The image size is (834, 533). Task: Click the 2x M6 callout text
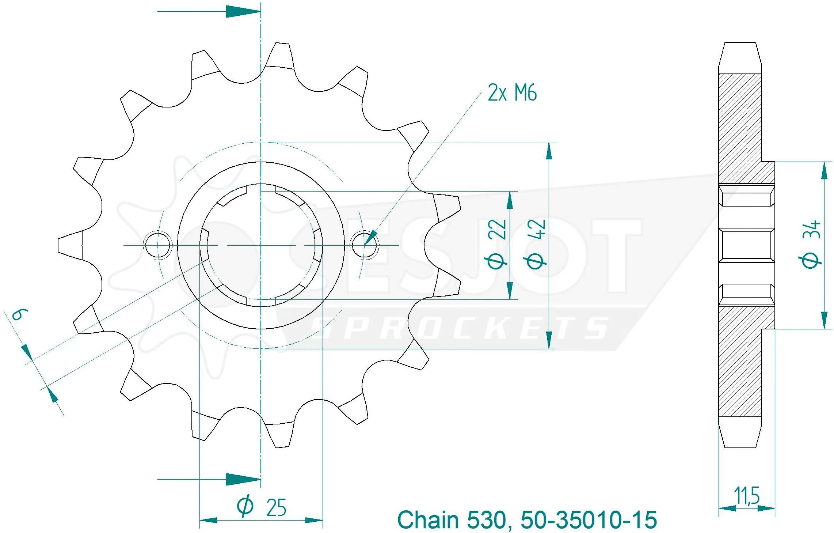tap(512, 93)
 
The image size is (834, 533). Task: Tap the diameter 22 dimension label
tap(497, 244)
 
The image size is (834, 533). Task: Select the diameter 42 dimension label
tap(536, 244)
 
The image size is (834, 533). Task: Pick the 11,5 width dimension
tap(747, 495)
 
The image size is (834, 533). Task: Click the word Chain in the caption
tap(428, 520)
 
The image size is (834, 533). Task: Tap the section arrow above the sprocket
tap(209, 11)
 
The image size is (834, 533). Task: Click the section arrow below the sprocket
tap(209, 479)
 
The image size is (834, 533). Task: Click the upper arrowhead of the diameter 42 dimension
tap(549, 151)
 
